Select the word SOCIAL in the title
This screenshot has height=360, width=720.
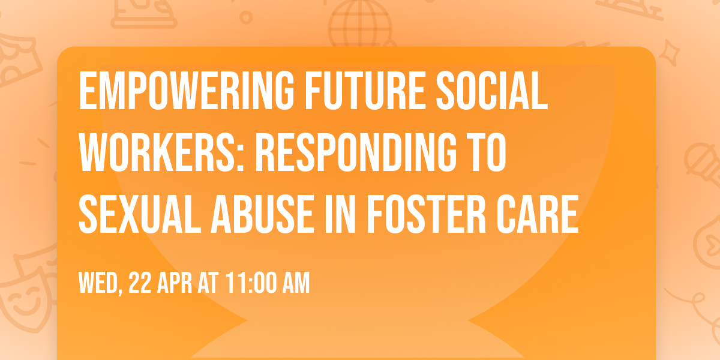tap(496, 92)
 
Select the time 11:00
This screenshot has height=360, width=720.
tap(250, 283)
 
